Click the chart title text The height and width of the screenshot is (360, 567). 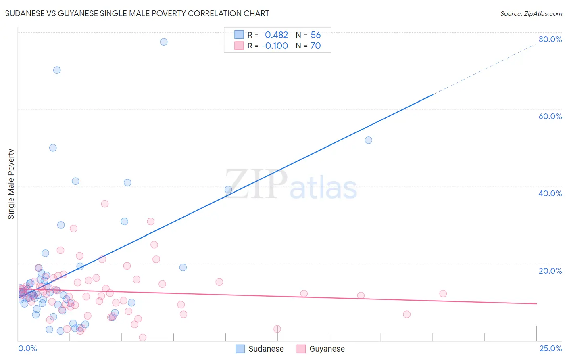tap(137, 13)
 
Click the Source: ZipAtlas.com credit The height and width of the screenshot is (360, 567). tap(531, 14)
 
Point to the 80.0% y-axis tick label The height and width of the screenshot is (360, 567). tap(550, 39)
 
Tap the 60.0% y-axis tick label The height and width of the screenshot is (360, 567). tap(550, 116)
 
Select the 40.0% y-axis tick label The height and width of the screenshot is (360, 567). tap(550, 193)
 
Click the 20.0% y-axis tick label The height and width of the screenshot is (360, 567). tap(550, 271)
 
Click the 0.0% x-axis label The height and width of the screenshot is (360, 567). tap(27, 348)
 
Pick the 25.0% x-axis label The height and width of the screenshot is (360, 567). tap(550, 348)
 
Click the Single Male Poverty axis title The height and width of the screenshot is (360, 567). tap(11, 184)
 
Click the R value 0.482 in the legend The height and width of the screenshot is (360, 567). tap(276, 35)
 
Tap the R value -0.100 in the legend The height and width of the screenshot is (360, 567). tap(275, 46)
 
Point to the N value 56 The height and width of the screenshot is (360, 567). tap(316, 35)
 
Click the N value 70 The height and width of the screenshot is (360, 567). tap(316, 46)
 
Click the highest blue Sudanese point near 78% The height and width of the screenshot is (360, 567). tap(164, 42)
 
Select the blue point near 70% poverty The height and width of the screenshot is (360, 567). tap(57, 70)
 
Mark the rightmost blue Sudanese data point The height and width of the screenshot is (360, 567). tap(368, 140)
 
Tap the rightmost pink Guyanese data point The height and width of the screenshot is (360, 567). tap(443, 294)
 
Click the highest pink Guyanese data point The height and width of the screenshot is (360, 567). tap(105, 204)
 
